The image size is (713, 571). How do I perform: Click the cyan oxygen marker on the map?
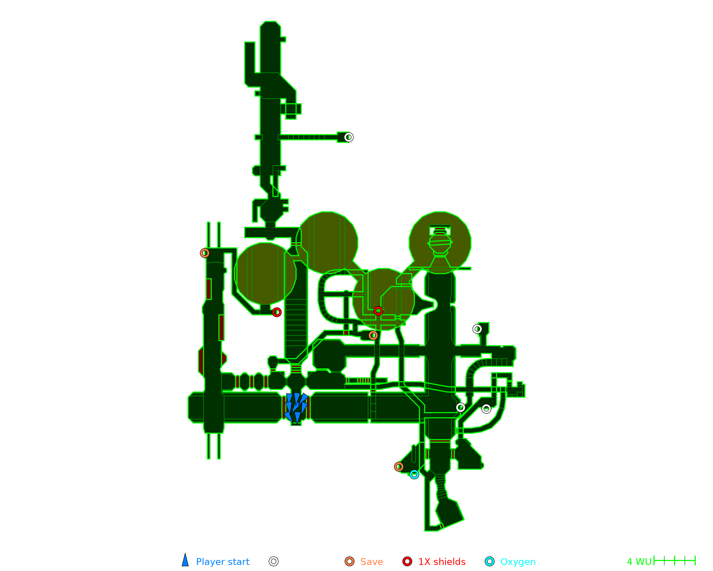(414, 474)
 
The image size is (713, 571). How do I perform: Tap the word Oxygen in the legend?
(518, 562)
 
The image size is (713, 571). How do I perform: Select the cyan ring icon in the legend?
(490, 561)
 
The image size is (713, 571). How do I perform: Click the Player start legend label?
(222, 562)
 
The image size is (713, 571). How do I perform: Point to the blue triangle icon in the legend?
(185, 560)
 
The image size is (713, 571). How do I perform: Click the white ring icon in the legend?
(273, 561)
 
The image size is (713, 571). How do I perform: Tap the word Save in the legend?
(371, 562)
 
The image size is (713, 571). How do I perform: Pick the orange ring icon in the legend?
(349, 561)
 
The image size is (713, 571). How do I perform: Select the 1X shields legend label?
(442, 562)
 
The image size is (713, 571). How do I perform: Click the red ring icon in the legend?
(407, 561)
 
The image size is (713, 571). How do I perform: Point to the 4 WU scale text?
(639, 562)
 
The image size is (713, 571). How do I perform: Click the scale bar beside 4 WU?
(674, 561)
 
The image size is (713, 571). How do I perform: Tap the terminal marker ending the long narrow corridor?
(349, 137)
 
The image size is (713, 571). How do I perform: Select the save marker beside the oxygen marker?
(399, 466)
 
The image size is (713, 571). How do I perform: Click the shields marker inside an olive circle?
(378, 311)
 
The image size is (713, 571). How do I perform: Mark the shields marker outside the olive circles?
(277, 312)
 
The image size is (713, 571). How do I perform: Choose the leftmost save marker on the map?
(205, 253)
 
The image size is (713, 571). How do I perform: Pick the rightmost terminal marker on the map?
(486, 409)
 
